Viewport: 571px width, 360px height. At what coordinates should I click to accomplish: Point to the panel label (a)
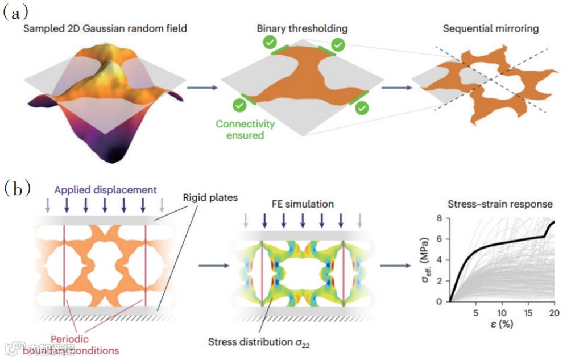(x=16, y=12)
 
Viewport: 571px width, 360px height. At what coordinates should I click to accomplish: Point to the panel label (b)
(x=16, y=188)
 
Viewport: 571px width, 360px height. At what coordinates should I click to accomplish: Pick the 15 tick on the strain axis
(x=528, y=312)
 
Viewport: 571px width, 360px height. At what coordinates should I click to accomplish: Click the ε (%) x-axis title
(x=502, y=325)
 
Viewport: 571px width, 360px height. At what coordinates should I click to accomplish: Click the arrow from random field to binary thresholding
(x=202, y=87)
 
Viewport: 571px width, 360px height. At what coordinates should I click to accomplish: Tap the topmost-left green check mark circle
(x=271, y=43)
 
